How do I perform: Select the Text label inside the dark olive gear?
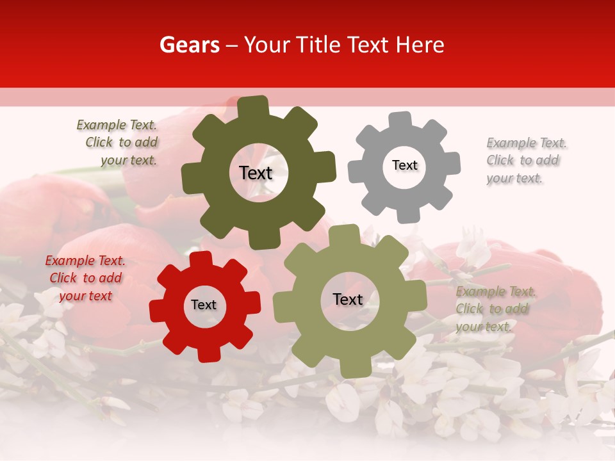[256, 173]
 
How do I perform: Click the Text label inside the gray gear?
[404, 165]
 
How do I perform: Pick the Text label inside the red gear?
[204, 305]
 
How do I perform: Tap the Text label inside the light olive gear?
[348, 299]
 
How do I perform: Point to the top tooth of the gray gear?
[400, 120]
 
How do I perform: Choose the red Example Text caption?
[86, 279]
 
